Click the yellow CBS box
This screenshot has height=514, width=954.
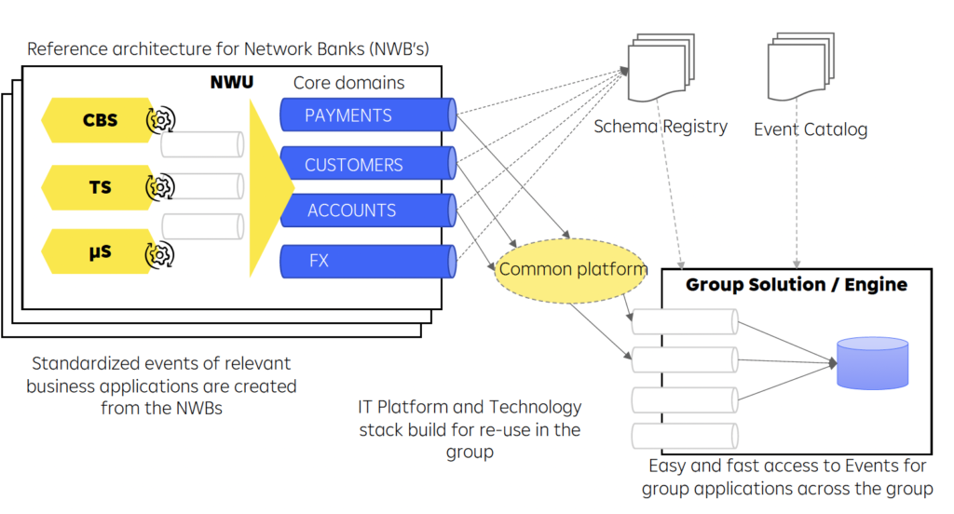97,120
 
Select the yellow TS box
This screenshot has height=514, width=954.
97,187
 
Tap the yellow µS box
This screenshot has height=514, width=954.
97,252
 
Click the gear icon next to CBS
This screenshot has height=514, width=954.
161,120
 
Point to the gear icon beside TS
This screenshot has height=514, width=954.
161,187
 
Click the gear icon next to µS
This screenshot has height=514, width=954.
161,252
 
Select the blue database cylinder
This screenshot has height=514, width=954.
872,362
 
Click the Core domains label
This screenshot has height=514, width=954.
348,83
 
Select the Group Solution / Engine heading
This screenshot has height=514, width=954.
796,284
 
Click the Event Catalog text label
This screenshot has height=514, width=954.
810,129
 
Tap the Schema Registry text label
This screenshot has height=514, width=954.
661,126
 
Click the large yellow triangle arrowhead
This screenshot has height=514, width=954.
270,186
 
